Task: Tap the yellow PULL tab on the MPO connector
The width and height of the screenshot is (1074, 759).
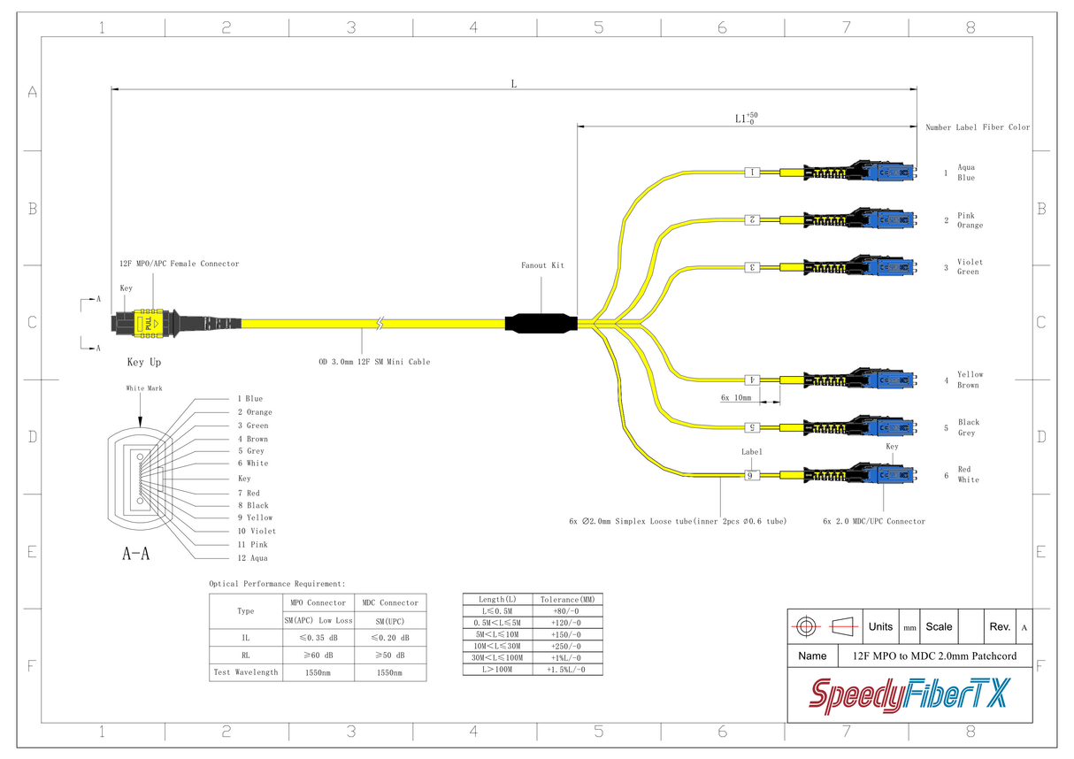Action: pyautogui.click(x=152, y=324)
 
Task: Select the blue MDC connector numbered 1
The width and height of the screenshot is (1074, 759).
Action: pyautogui.click(x=892, y=172)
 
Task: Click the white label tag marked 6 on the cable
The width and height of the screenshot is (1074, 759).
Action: pyautogui.click(x=752, y=476)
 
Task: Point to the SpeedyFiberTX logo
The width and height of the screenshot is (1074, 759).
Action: pyautogui.click(x=909, y=694)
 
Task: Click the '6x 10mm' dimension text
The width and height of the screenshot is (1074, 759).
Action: pyautogui.click(x=735, y=398)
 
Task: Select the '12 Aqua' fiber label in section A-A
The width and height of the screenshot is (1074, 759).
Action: pyautogui.click(x=252, y=558)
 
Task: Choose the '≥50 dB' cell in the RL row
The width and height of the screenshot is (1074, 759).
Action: pyautogui.click(x=389, y=655)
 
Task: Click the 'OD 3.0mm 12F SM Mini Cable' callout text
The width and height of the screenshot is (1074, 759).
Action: pyautogui.click(x=374, y=362)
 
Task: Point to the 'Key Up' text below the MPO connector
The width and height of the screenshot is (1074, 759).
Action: pyautogui.click(x=144, y=363)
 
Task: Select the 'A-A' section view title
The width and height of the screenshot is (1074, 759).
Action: pyautogui.click(x=135, y=555)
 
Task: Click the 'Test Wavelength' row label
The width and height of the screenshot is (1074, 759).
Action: pyautogui.click(x=245, y=672)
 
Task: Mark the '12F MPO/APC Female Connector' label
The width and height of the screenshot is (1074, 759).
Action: pyautogui.click(x=179, y=264)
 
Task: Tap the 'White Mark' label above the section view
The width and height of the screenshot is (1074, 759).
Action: pyautogui.click(x=144, y=388)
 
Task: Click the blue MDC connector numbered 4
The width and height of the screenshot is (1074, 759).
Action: pyautogui.click(x=892, y=379)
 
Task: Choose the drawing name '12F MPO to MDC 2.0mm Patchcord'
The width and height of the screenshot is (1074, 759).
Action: pyautogui.click(x=934, y=656)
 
